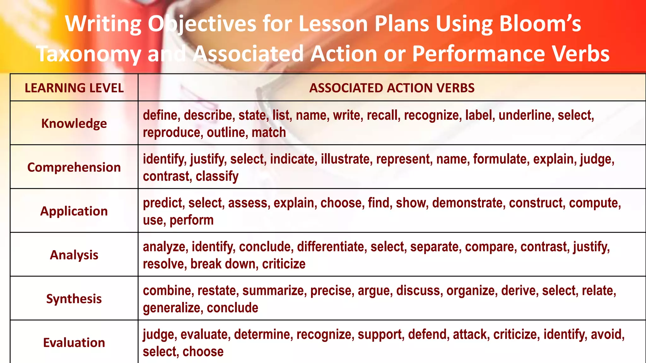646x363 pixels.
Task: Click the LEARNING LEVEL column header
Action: point(74,88)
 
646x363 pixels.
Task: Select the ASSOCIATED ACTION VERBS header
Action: point(392,88)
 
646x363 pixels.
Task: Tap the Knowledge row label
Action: point(74,123)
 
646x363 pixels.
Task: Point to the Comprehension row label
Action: point(74,167)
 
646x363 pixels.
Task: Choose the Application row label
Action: point(74,211)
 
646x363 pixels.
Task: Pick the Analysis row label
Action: point(74,255)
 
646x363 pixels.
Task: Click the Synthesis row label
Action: point(74,298)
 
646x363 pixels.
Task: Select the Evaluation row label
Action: point(74,342)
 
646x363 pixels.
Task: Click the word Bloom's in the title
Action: point(540,24)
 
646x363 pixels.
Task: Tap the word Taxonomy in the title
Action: point(89,54)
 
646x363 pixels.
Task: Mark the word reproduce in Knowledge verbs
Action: point(172,133)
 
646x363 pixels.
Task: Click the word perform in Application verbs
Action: point(191,220)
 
